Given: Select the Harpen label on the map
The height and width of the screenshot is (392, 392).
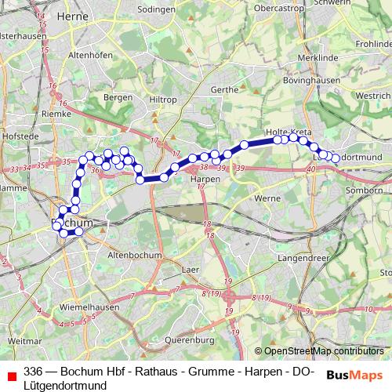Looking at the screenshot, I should (x=205, y=179).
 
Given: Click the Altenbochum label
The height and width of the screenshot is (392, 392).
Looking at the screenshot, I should (x=134, y=255).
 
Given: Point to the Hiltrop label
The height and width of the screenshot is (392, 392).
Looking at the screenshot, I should (x=163, y=100).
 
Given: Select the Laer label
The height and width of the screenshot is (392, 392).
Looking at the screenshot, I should (x=188, y=268).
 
